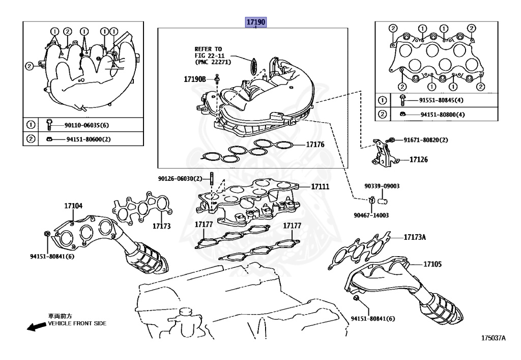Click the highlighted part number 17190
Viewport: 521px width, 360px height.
256,22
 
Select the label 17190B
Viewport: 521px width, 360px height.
195,79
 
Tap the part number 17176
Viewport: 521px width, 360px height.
315,145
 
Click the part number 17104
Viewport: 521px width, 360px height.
73,206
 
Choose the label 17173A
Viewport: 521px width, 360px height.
416,237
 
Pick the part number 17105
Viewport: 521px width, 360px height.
432,264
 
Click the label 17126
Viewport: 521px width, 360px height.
419,159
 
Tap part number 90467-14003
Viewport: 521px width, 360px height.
371,215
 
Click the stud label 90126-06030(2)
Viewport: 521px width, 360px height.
180,178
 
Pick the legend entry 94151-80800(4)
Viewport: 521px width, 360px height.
436,115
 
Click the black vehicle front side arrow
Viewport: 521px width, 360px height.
36,326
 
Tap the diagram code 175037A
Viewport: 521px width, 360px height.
494,338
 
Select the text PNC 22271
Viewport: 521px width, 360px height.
214,62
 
